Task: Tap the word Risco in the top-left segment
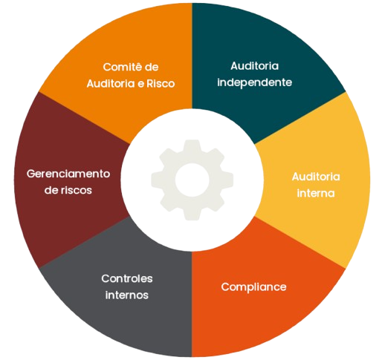(161, 84)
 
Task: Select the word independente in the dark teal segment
(254, 82)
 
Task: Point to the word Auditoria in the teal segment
(254, 66)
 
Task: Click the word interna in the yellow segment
(316, 193)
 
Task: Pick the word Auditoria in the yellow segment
(316, 177)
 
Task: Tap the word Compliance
(253, 287)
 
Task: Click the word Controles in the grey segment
(127, 278)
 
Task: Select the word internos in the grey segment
(127, 295)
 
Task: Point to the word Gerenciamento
(68, 174)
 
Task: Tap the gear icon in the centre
(192, 180)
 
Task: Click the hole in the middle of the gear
(192, 180)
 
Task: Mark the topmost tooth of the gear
(192, 145)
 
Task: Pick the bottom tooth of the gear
(192, 215)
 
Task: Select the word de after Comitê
(152, 67)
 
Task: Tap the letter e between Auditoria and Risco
(140, 85)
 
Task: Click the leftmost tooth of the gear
(157, 180)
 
